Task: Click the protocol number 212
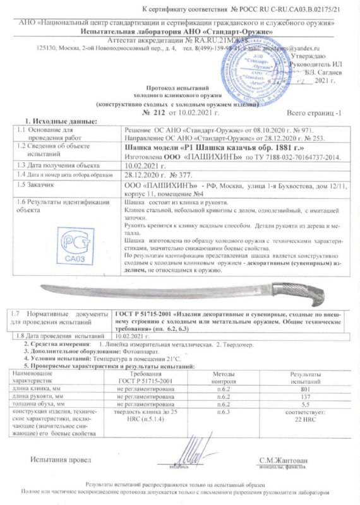point(158,112)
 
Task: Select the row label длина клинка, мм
point(33,388)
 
